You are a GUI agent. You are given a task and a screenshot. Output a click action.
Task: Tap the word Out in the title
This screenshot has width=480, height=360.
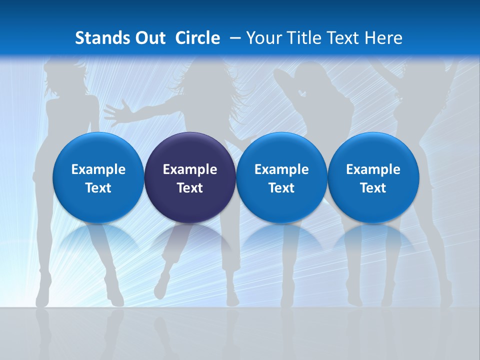pyautogui.click(x=148, y=38)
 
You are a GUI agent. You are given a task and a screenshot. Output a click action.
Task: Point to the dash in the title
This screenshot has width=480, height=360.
pyautogui.click(x=235, y=38)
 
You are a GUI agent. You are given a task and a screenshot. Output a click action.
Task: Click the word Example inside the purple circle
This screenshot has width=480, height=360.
pyautogui.click(x=190, y=169)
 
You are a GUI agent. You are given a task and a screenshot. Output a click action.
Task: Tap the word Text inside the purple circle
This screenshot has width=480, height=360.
pyautogui.click(x=190, y=188)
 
